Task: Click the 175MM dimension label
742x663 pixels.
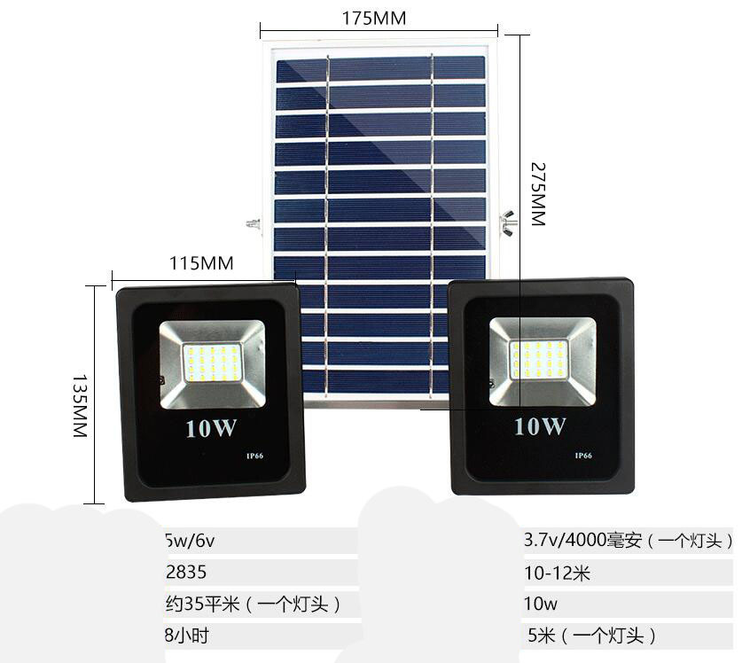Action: coord(373,18)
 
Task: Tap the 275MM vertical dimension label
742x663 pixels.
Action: coord(536,193)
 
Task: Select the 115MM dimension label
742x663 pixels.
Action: coord(200,263)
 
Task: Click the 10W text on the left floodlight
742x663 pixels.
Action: coord(211,428)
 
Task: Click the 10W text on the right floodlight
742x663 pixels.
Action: coord(539,426)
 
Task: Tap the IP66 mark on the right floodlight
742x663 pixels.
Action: coord(583,456)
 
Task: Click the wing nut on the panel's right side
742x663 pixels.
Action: coord(508,217)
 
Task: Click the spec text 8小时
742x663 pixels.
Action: coord(187,636)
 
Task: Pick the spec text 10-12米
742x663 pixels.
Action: coord(557,573)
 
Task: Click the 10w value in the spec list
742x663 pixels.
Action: coord(541,604)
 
